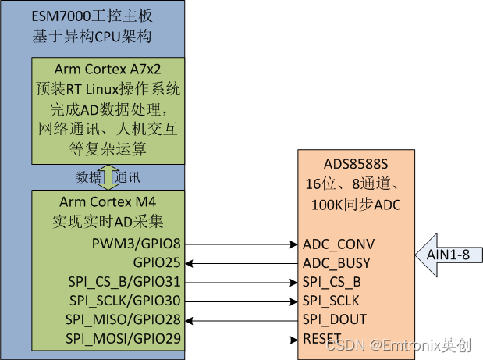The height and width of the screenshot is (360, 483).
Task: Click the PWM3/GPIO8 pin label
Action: coord(137,244)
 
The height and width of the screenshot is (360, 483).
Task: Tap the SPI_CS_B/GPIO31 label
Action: coord(127,281)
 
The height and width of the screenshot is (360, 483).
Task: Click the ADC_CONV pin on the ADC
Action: coord(339,244)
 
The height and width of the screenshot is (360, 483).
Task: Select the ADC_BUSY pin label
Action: coord(336,262)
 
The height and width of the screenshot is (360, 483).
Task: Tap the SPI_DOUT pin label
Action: coord(335,319)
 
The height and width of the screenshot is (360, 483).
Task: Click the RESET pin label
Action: coord(322,337)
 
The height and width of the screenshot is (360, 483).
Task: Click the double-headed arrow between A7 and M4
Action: coord(108,176)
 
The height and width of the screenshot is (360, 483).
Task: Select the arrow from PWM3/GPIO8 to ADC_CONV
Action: coord(242,244)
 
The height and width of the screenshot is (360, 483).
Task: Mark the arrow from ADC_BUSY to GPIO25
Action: coord(242,262)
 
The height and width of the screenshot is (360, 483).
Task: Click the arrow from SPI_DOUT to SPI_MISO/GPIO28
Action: coord(242,319)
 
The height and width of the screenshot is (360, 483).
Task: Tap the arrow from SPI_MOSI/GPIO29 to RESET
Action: coord(242,337)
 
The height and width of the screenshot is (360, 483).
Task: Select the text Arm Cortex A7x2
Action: coord(108,70)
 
